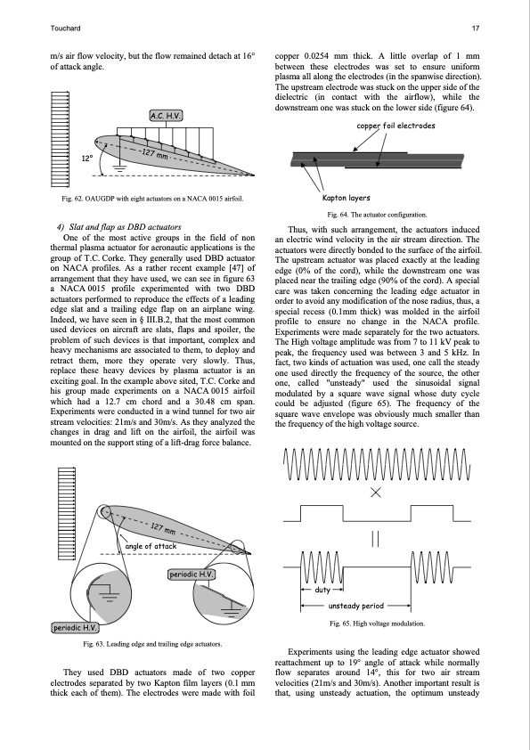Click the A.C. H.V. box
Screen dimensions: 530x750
click(166, 115)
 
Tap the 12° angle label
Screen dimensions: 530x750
click(86, 159)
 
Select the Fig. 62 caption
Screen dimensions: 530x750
click(152, 199)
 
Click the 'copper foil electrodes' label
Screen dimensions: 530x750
click(396, 126)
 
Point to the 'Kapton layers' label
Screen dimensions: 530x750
click(346, 198)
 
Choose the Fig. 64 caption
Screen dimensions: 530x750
click(377, 215)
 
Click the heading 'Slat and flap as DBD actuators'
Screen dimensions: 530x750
click(119, 227)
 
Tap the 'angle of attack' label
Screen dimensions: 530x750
click(151, 546)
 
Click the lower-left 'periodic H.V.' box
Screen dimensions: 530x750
click(75, 628)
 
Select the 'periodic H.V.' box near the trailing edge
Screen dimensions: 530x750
click(192, 574)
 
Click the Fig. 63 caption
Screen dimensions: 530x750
click(152, 644)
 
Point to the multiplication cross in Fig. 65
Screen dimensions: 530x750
click(376, 493)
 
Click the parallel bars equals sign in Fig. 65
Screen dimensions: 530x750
click(376, 539)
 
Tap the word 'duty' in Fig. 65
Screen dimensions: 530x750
click(322, 590)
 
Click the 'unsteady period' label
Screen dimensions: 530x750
click(356, 606)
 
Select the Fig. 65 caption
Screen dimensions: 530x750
click(377, 624)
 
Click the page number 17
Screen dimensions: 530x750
click(476, 29)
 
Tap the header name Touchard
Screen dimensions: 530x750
click(65, 29)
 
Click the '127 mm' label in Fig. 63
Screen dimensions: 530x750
click(163, 528)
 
